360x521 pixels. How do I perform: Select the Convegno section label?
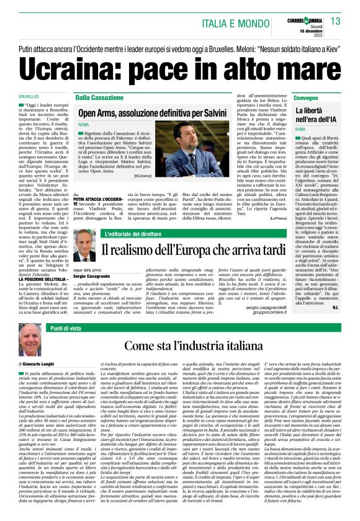coord(307,98)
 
